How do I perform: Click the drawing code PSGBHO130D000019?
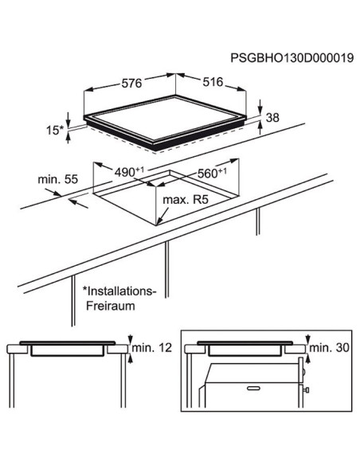(292, 58)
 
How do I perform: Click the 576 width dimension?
(131, 83)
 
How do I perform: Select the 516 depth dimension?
(213, 82)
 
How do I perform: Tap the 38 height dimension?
(272, 118)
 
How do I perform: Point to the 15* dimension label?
(55, 131)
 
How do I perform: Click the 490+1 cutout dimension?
(129, 172)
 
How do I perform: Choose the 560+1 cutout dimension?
(212, 173)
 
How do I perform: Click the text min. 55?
(58, 179)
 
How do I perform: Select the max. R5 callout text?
(186, 200)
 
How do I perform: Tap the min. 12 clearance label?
(152, 348)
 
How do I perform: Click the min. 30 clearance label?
(330, 348)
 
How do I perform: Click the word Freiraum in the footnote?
(111, 306)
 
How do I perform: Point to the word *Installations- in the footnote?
(119, 291)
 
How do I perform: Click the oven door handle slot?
(254, 388)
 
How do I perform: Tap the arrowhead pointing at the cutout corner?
(158, 221)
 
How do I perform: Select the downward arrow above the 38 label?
(260, 107)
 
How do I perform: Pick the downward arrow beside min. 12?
(130, 339)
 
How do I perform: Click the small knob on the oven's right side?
(306, 389)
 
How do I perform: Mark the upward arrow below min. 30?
(308, 360)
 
